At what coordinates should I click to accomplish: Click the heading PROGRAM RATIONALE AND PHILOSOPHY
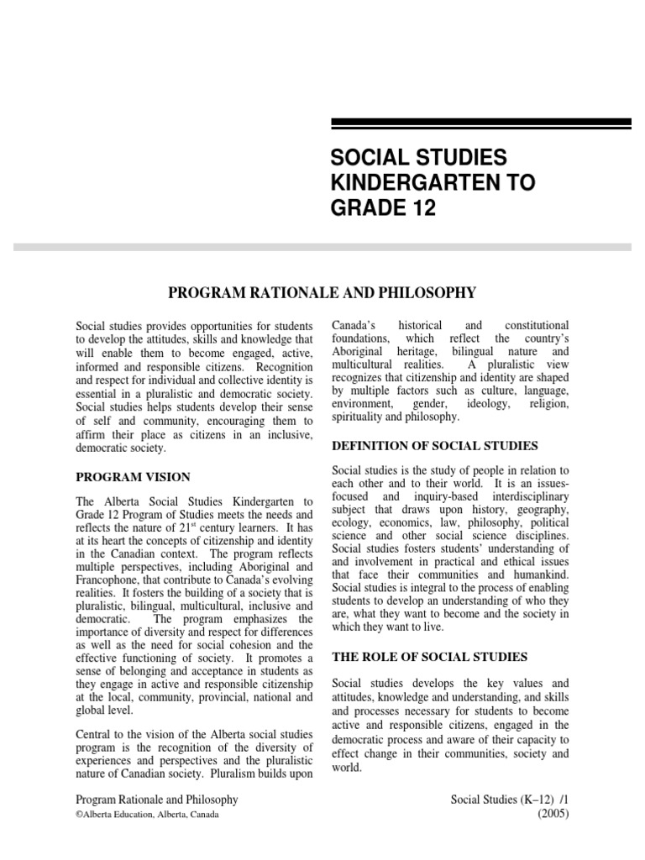pos(322,292)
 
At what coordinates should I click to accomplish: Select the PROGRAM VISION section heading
pos(134,477)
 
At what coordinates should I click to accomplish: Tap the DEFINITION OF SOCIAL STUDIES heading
pos(435,445)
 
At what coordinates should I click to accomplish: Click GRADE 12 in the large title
pos(384,209)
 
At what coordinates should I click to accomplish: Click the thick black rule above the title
pos(481,124)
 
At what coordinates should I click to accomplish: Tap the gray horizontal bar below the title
pos(322,247)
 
